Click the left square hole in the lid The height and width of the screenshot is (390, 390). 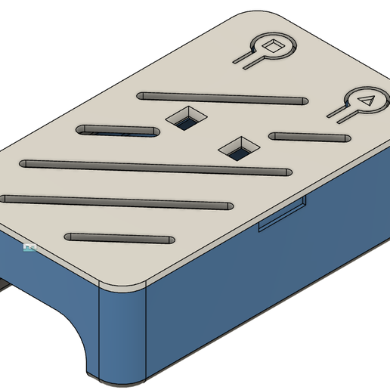click(186, 118)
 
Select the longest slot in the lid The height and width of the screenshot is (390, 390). click(156, 168)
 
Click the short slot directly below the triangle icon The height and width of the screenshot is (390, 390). click(308, 138)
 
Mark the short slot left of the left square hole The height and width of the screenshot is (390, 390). click(118, 130)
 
